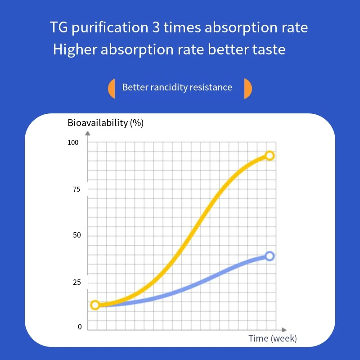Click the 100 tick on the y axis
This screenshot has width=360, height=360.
(73, 143)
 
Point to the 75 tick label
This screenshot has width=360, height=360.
(76, 189)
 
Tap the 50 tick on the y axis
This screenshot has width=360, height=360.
(76, 236)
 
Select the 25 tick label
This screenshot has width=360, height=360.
(76, 283)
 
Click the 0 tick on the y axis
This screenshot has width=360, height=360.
(80, 327)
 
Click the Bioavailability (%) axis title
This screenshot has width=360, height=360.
(106, 123)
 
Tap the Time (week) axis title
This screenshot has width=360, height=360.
(273, 338)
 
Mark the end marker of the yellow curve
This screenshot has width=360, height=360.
(270, 156)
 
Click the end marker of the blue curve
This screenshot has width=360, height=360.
(270, 256)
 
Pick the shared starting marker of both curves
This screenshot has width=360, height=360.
(95, 305)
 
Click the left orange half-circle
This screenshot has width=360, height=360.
(112, 88)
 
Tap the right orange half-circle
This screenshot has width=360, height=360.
(247, 88)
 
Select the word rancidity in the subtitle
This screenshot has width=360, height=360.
(166, 87)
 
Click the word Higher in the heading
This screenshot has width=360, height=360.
(75, 49)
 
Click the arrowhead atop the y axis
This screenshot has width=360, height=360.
(88, 133)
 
